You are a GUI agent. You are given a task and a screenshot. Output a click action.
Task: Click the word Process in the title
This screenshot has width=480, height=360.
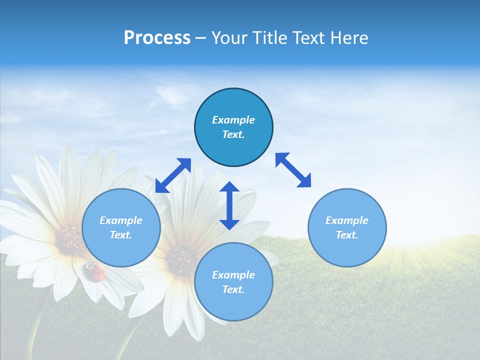coord(157,38)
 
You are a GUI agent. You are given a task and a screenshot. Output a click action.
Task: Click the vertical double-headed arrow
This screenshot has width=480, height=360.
coord(229,205)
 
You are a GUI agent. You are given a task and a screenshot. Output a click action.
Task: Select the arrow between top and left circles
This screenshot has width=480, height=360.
coord(173,175)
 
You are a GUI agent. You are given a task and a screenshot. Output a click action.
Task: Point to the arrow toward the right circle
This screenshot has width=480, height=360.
coord(293,170)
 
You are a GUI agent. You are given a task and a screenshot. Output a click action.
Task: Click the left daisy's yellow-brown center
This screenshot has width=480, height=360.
coord(70,240)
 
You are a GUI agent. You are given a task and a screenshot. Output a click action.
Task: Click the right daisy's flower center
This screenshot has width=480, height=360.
coord(181,260)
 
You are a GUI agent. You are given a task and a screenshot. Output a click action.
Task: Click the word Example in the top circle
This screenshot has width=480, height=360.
coord(233,120)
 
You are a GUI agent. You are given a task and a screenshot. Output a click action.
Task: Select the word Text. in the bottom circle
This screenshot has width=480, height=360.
coord(233,289)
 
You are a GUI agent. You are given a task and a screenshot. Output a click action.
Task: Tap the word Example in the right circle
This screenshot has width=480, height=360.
coord(347,220)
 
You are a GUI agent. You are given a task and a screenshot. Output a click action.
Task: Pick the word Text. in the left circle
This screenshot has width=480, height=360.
coord(121,235)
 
